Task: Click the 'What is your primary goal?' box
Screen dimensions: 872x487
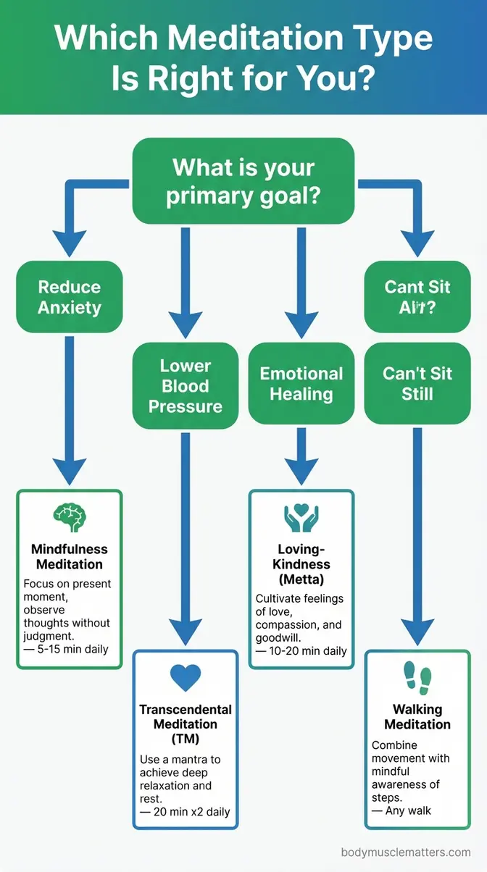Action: click(243, 181)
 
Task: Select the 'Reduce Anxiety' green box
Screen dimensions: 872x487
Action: click(70, 297)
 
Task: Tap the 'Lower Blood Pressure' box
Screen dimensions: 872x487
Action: click(185, 386)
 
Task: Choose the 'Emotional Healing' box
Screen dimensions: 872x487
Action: click(301, 384)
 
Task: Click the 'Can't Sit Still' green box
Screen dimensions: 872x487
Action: click(417, 384)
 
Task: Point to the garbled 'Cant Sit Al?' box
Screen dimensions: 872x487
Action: click(417, 297)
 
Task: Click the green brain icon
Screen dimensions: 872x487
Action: click(70, 518)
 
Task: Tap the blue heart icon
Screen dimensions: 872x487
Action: click(185, 677)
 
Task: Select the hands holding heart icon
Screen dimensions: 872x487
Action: click(301, 519)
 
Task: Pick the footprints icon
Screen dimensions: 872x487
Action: click(417, 677)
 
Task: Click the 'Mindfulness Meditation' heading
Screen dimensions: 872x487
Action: click(70, 557)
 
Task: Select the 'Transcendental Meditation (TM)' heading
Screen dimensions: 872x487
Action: click(185, 724)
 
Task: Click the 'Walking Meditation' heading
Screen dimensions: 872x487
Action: click(417, 717)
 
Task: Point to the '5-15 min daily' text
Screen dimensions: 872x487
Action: click(67, 649)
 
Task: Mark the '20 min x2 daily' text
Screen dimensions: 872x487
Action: click(186, 812)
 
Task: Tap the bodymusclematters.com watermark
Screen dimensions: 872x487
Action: click(405, 852)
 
